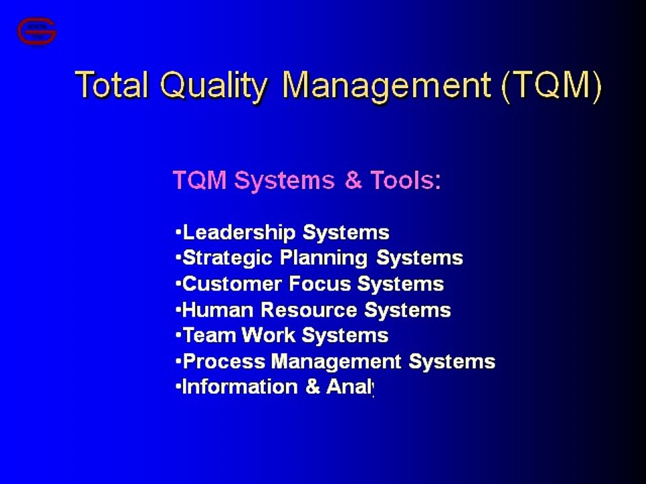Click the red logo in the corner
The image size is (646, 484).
(37, 32)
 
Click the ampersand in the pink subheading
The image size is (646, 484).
(353, 181)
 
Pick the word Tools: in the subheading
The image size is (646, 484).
(405, 181)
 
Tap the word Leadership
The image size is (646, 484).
(239, 233)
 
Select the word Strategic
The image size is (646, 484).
(227, 258)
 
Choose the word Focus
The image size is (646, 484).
(320, 284)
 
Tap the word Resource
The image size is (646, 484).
(309, 311)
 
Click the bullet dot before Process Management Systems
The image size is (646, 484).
(178, 361)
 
